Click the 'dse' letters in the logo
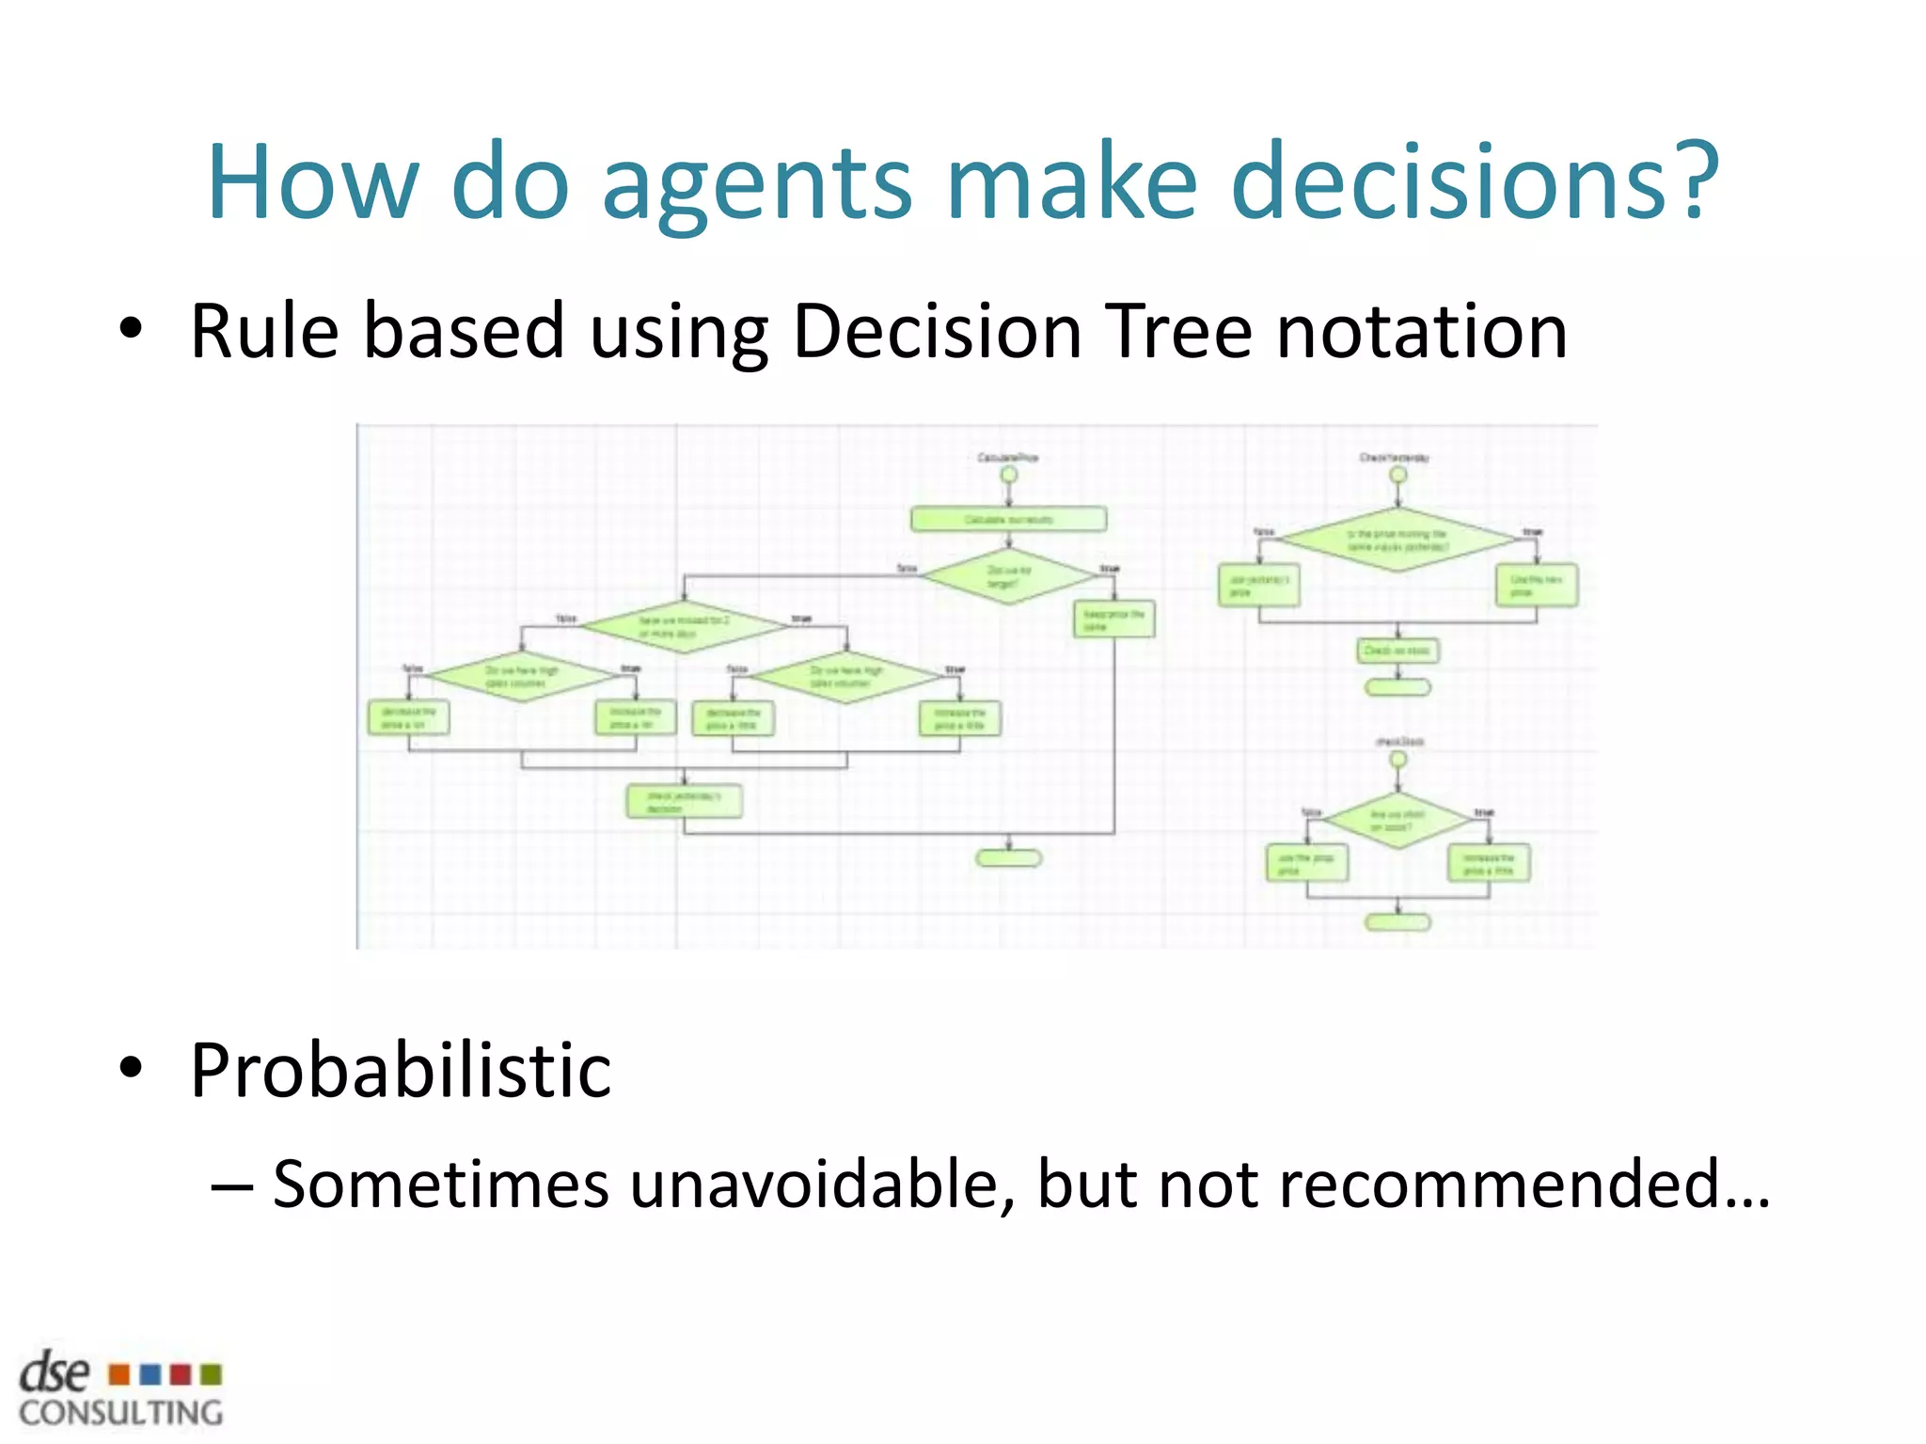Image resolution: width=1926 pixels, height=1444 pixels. pyautogui.click(x=55, y=1373)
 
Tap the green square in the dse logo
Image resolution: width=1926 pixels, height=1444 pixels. pyautogui.click(x=212, y=1374)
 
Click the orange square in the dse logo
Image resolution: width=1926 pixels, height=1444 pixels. pyautogui.click(x=119, y=1374)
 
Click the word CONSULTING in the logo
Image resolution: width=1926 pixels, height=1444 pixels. pyautogui.click(x=121, y=1413)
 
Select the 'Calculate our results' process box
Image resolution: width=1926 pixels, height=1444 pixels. pyautogui.click(x=1008, y=519)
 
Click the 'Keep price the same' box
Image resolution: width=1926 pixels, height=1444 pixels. pyautogui.click(x=1113, y=620)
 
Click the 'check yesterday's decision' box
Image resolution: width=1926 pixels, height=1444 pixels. pyautogui.click(x=684, y=801)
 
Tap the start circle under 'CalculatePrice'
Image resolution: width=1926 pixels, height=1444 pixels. pyautogui.click(x=1008, y=475)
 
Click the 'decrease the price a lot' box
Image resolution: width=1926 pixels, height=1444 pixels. pyautogui.click(x=408, y=718)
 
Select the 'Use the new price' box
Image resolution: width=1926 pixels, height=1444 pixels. pyautogui.click(x=1536, y=586)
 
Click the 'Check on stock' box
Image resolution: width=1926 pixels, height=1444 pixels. pyautogui.click(x=1397, y=651)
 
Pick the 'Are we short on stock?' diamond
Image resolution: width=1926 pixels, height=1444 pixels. pyautogui.click(x=1397, y=821)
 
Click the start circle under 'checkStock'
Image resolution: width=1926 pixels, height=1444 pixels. pyautogui.click(x=1397, y=759)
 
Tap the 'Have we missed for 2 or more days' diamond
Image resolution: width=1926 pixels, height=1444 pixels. pyautogui.click(x=684, y=627)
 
